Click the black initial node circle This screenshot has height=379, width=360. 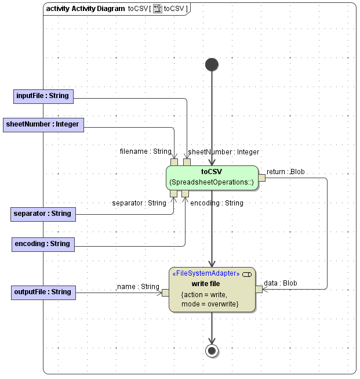(212, 64)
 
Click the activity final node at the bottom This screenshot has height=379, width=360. (212, 351)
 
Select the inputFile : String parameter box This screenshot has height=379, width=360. (43, 96)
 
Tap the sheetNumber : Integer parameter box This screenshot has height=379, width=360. (43, 124)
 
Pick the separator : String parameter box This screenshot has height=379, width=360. (42, 214)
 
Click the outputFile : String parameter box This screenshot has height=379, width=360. (42, 292)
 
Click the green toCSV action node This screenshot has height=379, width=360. (212, 177)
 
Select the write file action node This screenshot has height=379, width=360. (212, 289)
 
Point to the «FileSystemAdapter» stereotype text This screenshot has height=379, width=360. (206, 273)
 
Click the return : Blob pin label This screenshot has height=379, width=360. (286, 172)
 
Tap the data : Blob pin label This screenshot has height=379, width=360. (281, 283)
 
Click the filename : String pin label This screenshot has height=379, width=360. (146, 151)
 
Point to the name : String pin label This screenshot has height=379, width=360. (138, 286)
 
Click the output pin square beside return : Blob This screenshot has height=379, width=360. (261, 178)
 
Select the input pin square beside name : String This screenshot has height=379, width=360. (165, 293)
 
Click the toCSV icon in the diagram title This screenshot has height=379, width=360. (157, 9)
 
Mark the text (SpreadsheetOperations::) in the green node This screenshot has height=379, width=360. (212, 183)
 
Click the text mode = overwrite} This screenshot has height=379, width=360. (209, 304)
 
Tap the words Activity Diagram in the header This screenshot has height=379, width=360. (98, 9)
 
